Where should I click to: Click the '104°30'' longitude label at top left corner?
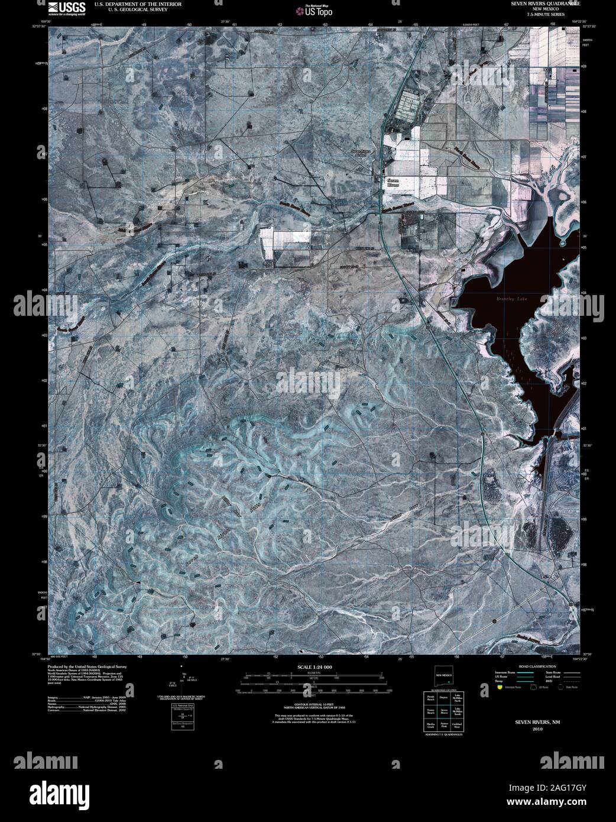[37, 20]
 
